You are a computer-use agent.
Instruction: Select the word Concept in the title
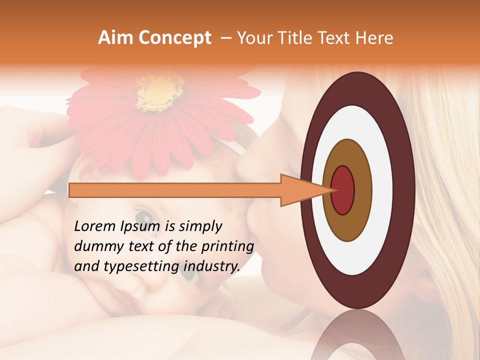click(x=173, y=38)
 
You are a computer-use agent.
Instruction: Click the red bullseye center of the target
click(x=343, y=190)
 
